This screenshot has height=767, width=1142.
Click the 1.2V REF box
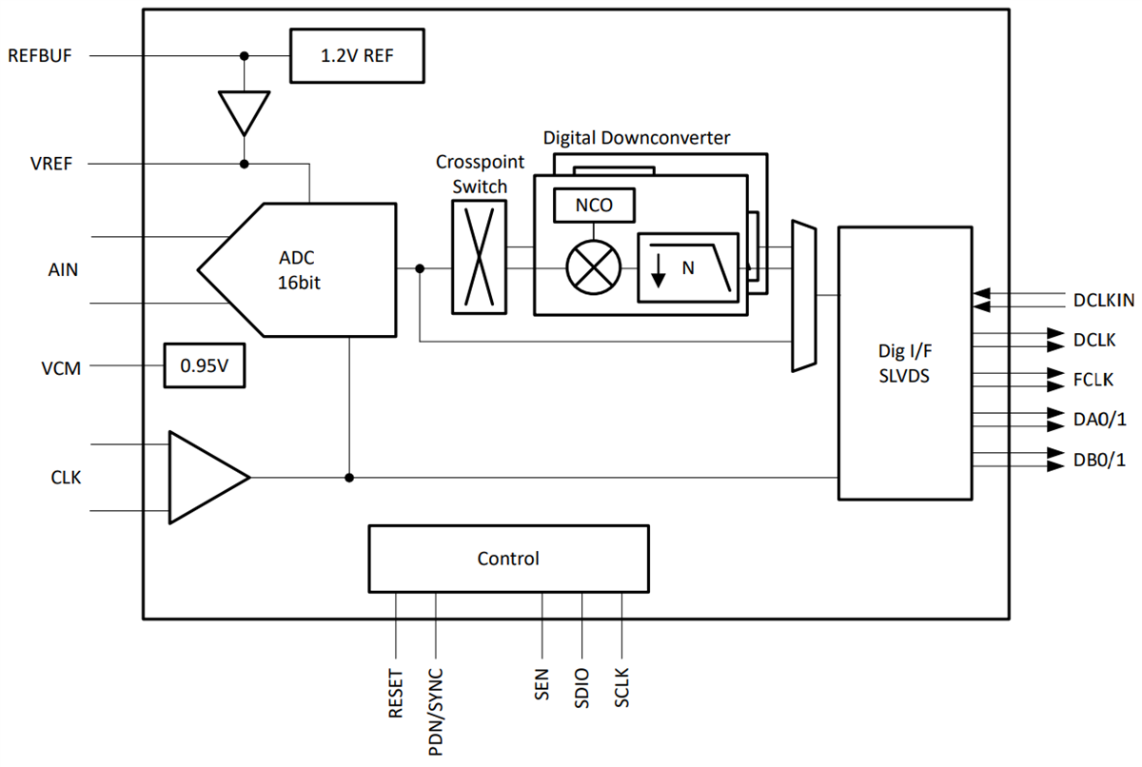click(357, 55)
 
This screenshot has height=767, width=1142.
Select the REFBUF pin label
click(40, 55)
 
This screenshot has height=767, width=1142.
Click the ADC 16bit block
click(305, 269)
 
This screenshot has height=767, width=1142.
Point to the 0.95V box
click(204, 365)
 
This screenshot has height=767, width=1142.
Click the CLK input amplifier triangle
click(206, 477)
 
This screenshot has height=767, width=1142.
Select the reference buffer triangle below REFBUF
click(245, 111)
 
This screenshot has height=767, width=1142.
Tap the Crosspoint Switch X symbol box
click(479, 256)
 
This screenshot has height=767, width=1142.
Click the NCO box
click(593, 206)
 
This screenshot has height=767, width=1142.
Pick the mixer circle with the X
click(593, 266)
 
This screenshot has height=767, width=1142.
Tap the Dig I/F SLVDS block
click(905, 363)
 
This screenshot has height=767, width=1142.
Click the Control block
click(508, 559)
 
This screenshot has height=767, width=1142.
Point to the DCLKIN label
click(1102, 301)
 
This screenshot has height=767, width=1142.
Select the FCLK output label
click(1093, 380)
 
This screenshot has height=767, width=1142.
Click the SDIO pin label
click(581, 686)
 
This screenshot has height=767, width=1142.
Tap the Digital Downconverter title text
click(637, 138)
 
